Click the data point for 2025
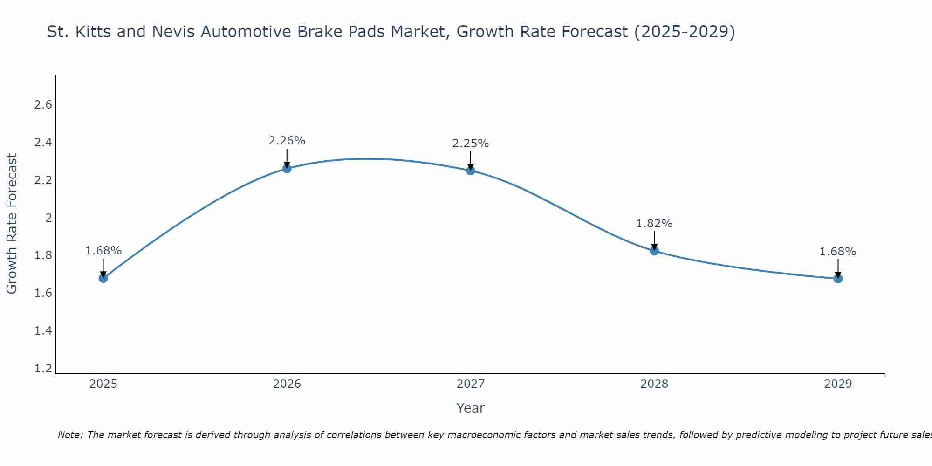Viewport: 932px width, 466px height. click(x=103, y=278)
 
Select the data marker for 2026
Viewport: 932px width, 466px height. click(x=287, y=169)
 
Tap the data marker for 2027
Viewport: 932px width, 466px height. click(x=471, y=171)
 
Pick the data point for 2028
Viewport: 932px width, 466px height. click(x=654, y=251)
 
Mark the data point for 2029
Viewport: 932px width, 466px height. click(x=838, y=279)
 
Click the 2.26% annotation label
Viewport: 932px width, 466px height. click(x=287, y=140)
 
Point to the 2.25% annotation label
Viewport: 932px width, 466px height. click(x=471, y=143)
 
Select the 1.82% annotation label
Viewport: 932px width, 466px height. click(x=654, y=223)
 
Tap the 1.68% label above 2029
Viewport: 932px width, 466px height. click(x=838, y=251)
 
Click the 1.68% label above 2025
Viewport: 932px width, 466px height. click(x=103, y=250)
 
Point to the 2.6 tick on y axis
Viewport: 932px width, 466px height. click(x=43, y=104)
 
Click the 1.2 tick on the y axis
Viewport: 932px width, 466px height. click(x=43, y=369)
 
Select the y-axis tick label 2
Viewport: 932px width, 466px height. click(x=48, y=218)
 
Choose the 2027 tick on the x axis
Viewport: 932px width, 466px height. click(x=471, y=384)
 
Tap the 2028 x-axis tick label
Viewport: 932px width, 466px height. click(x=654, y=384)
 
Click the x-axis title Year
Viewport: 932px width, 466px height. click(x=471, y=408)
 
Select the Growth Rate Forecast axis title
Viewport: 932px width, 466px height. click(x=12, y=223)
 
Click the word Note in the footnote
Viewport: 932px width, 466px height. click(x=70, y=435)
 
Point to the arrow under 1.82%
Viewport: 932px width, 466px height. click(x=654, y=240)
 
